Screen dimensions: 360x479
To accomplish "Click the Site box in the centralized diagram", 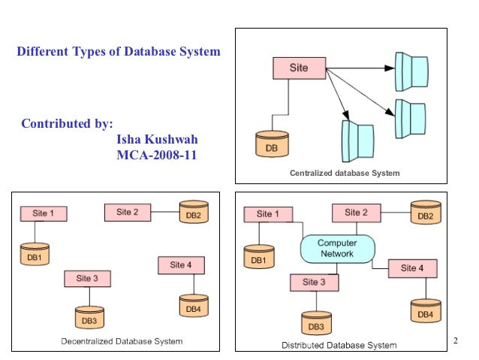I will (299, 68).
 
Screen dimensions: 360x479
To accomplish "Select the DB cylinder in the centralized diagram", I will (271, 145).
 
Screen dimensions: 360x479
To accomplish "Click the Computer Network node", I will (337, 249).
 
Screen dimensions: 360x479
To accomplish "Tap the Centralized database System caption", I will (345, 173).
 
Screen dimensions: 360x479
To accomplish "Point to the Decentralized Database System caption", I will (121, 341).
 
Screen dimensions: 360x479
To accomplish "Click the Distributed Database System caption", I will (339, 345).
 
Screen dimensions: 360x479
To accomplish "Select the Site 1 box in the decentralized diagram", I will (43, 213).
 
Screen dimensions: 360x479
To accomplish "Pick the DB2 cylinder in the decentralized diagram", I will (193, 213).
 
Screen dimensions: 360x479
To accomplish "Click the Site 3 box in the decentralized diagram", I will (87, 279).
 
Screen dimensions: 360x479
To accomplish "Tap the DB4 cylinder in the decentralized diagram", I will (193, 305).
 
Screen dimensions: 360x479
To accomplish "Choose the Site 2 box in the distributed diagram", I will (356, 213).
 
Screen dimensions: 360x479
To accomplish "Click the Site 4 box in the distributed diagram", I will (412, 268).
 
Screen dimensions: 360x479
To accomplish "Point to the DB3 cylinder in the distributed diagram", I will (315, 323).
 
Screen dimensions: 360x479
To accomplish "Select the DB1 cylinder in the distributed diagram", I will (258, 258).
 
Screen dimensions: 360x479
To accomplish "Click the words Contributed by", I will (67, 123).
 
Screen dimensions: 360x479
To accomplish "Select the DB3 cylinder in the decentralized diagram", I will (89, 318).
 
